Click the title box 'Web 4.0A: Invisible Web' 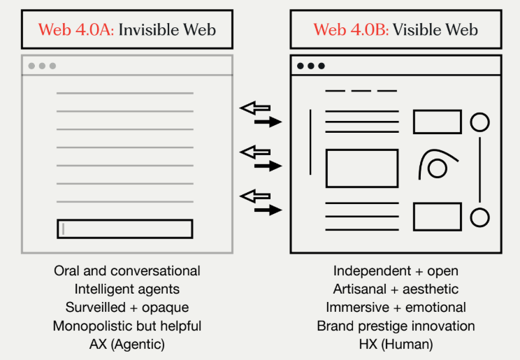pyautogui.click(x=127, y=29)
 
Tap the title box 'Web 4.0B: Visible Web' pyautogui.click(x=396, y=29)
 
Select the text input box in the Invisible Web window pyautogui.click(x=124, y=229)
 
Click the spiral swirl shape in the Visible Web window pyautogui.click(x=434, y=166)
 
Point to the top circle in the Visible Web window pyautogui.click(x=479, y=122)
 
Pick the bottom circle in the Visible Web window pyautogui.click(x=479, y=217)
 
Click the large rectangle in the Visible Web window pyautogui.click(x=362, y=168)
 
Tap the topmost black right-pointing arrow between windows pyautogui.click(x=267, y=122)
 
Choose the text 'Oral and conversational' pyautogui.click(x=127, y=271)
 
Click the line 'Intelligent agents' pyautogui.click(x=127, y=289)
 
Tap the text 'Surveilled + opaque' pyautogui.click(x=127, y=307)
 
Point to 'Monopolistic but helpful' pyautogui.click(x=127, y=326)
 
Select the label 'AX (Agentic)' pyautogui.click(x=127, y=344)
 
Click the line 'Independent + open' pyautogui.click(x=396, y=271)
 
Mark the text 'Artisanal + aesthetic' pyautogui.click(x=396, y=289)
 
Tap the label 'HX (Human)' pyautogui.click(x=396, y=344)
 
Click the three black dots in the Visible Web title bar pyautogui.click(x=311, y=66)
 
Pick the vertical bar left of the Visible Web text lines pyautogui.click(x=310, y=142)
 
